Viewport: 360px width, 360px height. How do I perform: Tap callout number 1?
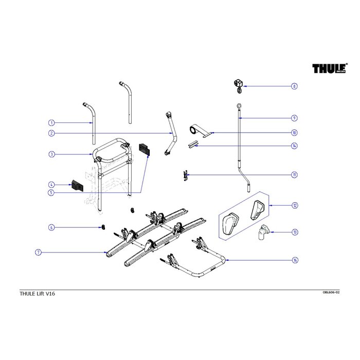[x=51, y=123]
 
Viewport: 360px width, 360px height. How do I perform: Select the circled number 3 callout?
[x=51, y=154]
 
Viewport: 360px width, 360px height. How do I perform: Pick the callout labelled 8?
[x=294, y=86]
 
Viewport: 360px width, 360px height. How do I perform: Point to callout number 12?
[x=294, y=205]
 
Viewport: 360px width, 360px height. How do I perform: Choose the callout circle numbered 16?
[x=294, y=260]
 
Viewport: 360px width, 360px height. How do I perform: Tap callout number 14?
[x=294, y=146]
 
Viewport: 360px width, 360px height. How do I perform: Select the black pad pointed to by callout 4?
[x=77, y=185]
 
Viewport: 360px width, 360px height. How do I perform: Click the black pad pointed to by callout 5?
[x=143, y=149]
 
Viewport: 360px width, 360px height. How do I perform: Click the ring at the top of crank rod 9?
[x=239, y=106]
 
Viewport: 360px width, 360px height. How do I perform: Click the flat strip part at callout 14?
[x=194, y=145]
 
